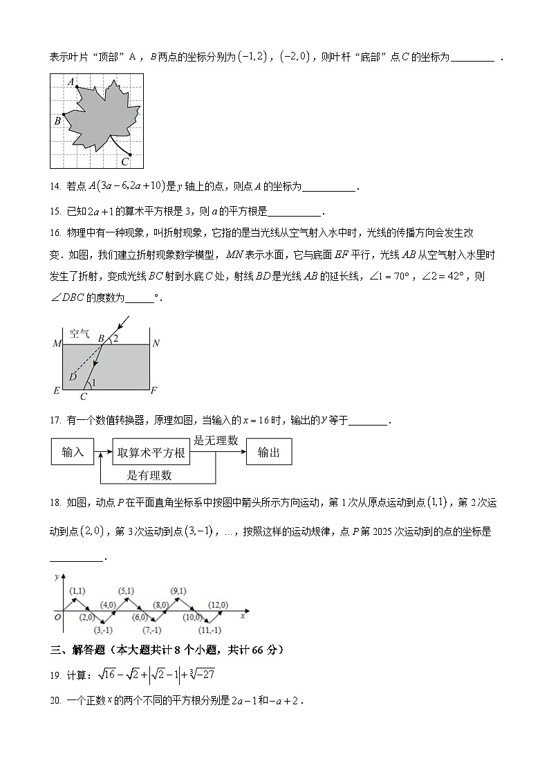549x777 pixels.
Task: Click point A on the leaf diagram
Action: [x=76, y=86]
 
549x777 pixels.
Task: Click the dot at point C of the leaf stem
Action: [x=130, y=155]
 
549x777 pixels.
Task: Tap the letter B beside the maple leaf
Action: [x=57, y=121]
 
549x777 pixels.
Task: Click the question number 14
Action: [x=56, y=186]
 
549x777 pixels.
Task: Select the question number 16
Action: [x=56, y=232]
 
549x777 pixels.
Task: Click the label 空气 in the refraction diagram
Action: [x=80, y=333]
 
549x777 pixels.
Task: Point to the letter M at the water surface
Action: [x=57, y=343]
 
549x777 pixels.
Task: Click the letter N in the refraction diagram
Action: [x=156, y=343]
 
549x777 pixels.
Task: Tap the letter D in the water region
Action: [x=73, y=376]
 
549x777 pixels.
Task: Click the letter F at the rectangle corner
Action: [x=154, y=391]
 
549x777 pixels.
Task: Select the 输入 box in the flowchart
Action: [x=73, y=453]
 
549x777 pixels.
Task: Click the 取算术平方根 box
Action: [x=151, y=453]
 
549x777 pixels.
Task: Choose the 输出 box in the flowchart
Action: [x=269, y=453]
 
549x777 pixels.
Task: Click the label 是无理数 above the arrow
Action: [x=216, y=440]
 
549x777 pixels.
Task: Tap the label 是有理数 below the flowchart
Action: [x=149, y=475]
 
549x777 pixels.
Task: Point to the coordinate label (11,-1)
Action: [x=210, y=630]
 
